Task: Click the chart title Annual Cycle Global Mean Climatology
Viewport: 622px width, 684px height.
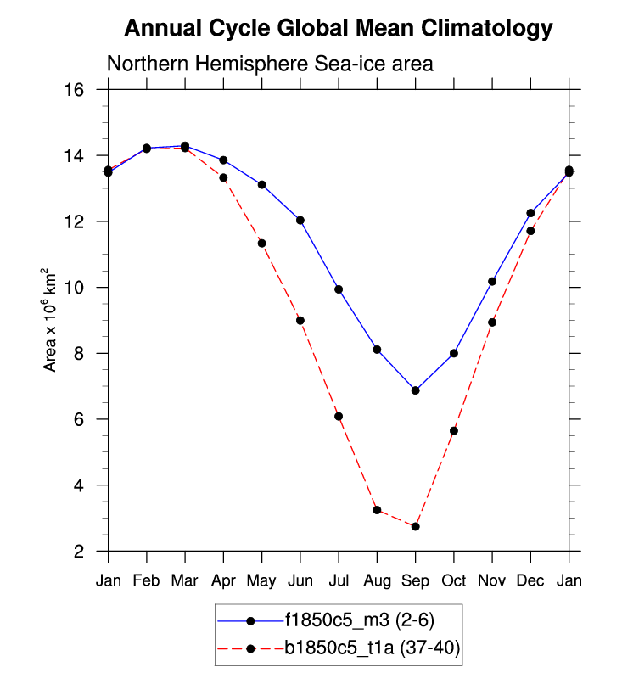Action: tap(338, 29)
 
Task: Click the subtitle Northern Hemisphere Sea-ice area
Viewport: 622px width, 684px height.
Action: tap(270, 64)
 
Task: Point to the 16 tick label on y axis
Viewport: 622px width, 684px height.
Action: tap(83, 90)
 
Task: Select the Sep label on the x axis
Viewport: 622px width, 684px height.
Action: tap(415, 581)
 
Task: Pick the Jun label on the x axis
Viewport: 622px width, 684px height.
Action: tap(300, 581)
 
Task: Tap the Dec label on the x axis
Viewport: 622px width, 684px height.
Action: tap(530, 581)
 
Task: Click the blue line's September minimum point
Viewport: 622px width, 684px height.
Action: tap(415, 390)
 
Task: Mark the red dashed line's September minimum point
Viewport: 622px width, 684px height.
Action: tap(415, 527)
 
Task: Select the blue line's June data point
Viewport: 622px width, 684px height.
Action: tap(300, 220)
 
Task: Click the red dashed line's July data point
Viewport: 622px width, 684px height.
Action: tap(339, 416)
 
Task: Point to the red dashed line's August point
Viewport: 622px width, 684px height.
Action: tap(377, 510)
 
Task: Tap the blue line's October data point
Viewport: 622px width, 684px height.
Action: tap(454, 353)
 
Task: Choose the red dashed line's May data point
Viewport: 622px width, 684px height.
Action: tap(262, 244)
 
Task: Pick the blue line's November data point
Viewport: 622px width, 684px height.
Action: tap(492, 281)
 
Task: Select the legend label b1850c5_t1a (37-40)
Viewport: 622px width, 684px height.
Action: tap(372, 649)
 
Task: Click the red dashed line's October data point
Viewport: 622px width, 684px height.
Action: tap(454, 431)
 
